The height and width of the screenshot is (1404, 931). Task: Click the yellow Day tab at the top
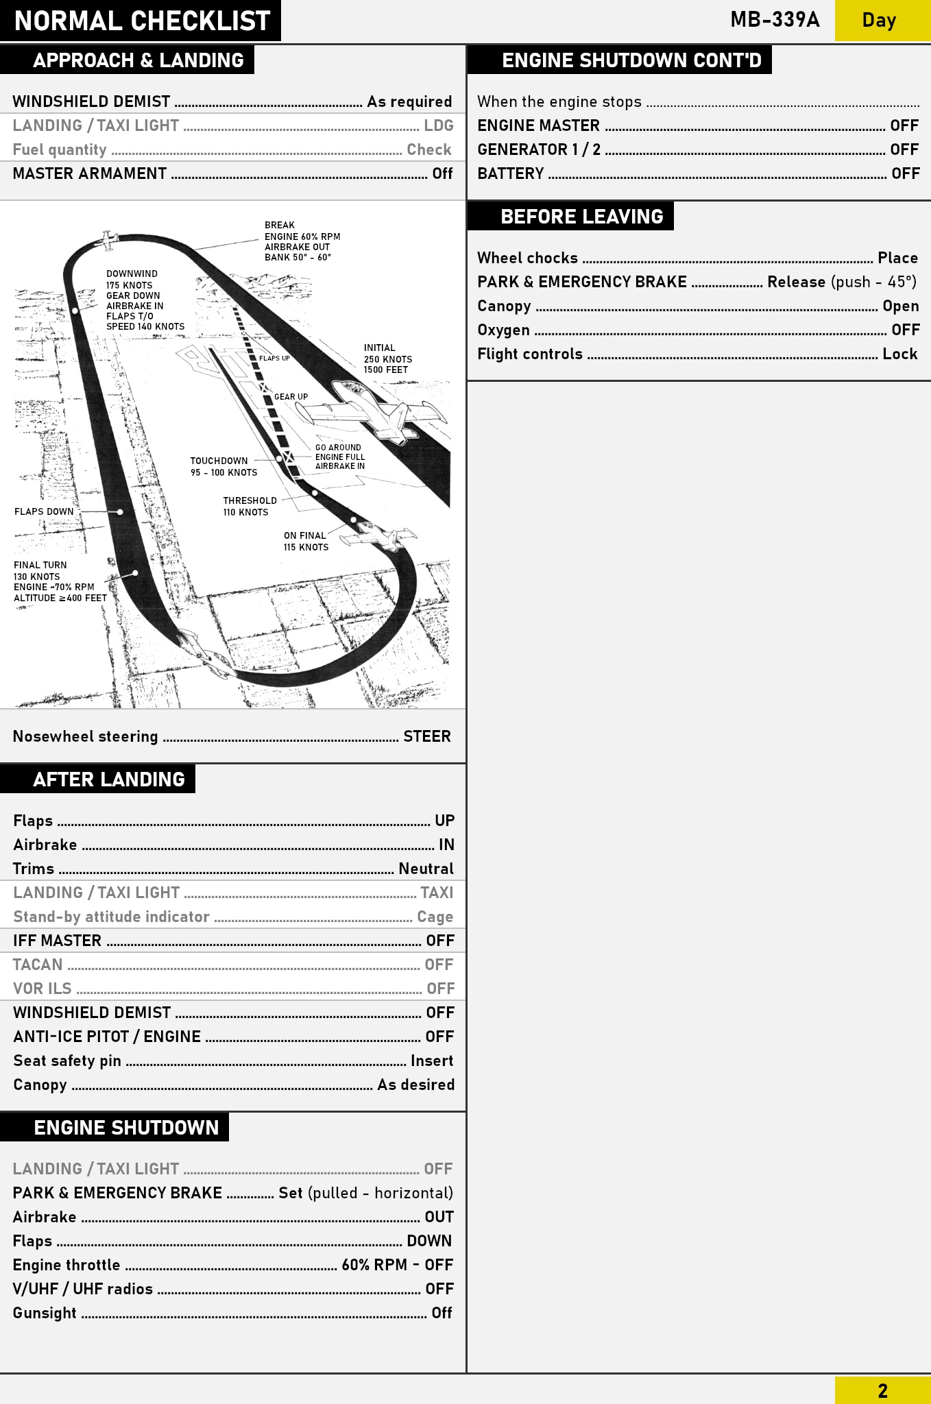[x=882, y=21]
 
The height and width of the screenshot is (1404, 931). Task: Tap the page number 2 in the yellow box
[x=882, y=1390]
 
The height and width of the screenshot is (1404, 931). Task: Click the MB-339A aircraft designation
[x=775, y=20]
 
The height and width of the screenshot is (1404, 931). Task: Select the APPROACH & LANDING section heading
[x=138, y=60]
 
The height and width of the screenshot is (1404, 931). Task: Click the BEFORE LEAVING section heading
[x=581, y=217]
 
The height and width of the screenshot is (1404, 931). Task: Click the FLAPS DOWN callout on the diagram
[x=44, y=511]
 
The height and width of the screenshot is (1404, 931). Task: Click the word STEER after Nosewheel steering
[x=426, y=736]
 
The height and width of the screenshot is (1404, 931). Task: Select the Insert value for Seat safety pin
[x=432, y=1061]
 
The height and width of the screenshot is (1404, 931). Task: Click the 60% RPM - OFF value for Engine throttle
[x=398, y=1265]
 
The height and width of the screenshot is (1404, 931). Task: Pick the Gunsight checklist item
[x=45, y=1313]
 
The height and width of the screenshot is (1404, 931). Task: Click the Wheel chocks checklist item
[x=527, y=258]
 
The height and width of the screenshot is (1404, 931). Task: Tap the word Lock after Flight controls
[x=899, y=354]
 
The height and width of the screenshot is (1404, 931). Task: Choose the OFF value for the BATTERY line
[x=905, y=173]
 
